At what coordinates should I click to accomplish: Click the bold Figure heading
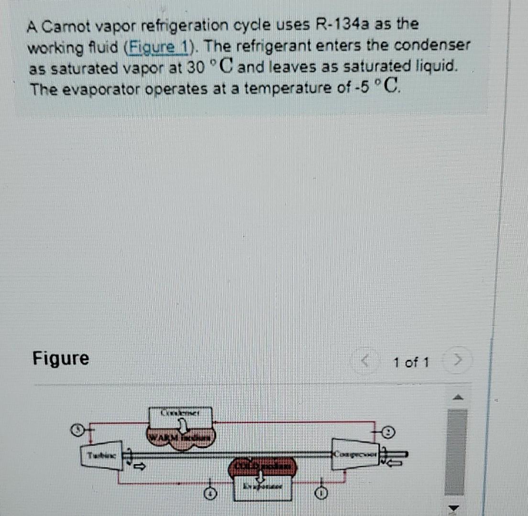(61, 358)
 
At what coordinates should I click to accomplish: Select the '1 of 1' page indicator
(411, 363)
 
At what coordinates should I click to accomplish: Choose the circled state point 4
(208, 493)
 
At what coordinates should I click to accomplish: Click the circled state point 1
(323, 492)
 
